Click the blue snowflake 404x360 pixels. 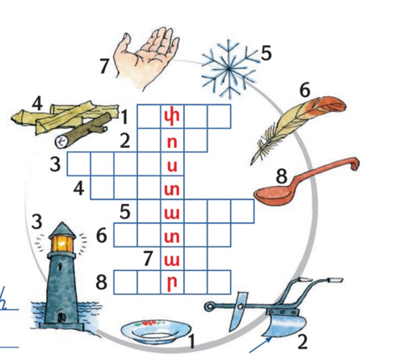(x=229, y=69)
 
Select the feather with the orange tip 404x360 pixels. (x=297, y=129)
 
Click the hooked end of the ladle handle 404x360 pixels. (x=355, y=163)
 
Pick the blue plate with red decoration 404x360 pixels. (x=156, y=331)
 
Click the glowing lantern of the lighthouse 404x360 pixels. (x=62, y=244)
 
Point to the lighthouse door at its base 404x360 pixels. (x=62, y=318)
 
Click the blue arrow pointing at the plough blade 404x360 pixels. (x=260, y=345)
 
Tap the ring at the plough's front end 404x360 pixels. (x=209, y=307)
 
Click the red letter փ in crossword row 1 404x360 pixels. (x=172, y=117)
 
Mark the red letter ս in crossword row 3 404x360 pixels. (x=172, y=166)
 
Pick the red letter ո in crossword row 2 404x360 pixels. (x=172, y=142)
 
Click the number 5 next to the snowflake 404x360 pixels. (x=266, y=53)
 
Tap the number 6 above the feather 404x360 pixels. (x=305, y=90)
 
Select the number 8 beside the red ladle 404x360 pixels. (x=282, y=176)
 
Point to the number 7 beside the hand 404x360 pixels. (x=104, y=66)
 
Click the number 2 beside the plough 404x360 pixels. (x=302, y=341)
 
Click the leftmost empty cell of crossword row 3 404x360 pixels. (x=79, y=163)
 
